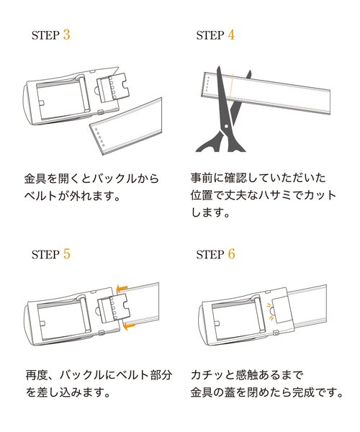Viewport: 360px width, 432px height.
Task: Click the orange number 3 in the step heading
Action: coord(66,34)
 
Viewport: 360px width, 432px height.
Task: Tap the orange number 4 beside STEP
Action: coord(230,34)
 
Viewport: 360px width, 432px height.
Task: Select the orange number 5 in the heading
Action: coord(66,253)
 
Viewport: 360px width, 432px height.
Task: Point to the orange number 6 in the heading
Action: coord(230,253)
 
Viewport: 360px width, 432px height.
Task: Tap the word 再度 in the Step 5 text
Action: coord(35,375)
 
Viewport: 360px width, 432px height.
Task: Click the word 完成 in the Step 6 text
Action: coord(315,393)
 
